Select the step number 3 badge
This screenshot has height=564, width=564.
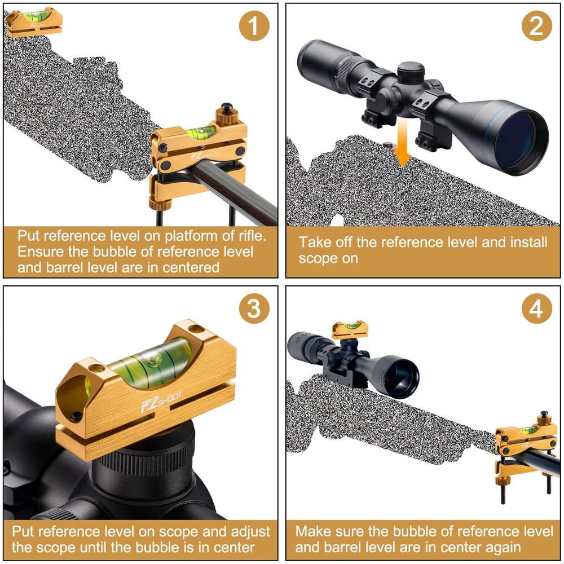254,309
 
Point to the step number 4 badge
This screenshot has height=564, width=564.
536,309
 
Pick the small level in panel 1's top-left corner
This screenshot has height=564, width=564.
34,21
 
